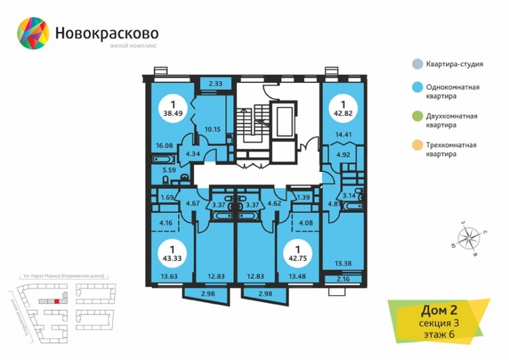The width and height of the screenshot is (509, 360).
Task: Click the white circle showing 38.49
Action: click(x=172, y=107)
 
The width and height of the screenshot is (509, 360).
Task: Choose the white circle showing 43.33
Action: click(x=172, y=252)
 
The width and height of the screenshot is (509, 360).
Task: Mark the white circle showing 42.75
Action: click(x=299, y=252)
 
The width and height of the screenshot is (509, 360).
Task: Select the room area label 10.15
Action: click(x=212, y=128)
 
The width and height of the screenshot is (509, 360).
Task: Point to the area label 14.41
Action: click(x=343, y=135)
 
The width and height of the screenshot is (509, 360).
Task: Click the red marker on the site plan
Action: click(x=58, y=301)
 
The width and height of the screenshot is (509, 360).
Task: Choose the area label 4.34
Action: click(x=193, y=154)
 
